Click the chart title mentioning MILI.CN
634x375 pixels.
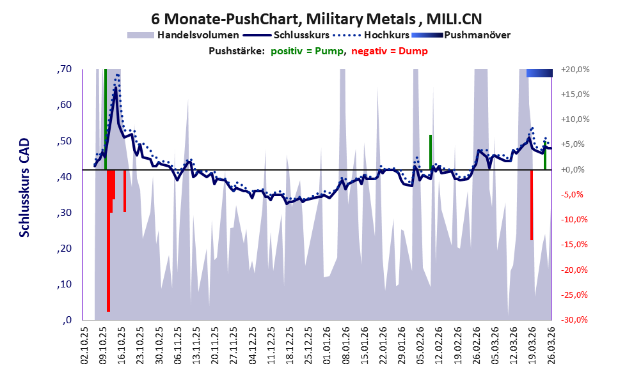(x=317, y=19)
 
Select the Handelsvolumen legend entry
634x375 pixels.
(x=183, y=35)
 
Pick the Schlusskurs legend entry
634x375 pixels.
(x=287, y=35)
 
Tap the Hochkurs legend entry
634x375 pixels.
(x=371, y=35)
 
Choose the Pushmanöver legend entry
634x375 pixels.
(x=461, y=35)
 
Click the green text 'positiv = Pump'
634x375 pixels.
(x=307, y=51)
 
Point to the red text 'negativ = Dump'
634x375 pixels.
(x=390, y=51)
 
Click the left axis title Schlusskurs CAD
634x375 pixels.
(x=25, y=187)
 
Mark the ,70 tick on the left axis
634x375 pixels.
(x=64, y=69)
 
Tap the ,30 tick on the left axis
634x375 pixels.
(x=64, y=213)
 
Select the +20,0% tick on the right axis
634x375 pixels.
(x=575, y=70)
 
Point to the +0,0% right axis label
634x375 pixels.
(x=573, y=169)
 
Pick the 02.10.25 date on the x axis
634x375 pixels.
(x=85, y=346)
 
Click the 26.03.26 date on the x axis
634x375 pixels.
(x=551, y=346)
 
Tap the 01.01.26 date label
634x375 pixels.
(x=327, y=346)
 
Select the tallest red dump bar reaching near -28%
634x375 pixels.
(x=108, y=241)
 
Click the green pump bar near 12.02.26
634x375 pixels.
(x=431, y=152)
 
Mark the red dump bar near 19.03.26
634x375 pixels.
(x=532, y=205)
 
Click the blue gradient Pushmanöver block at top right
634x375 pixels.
(x=539, y=73)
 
